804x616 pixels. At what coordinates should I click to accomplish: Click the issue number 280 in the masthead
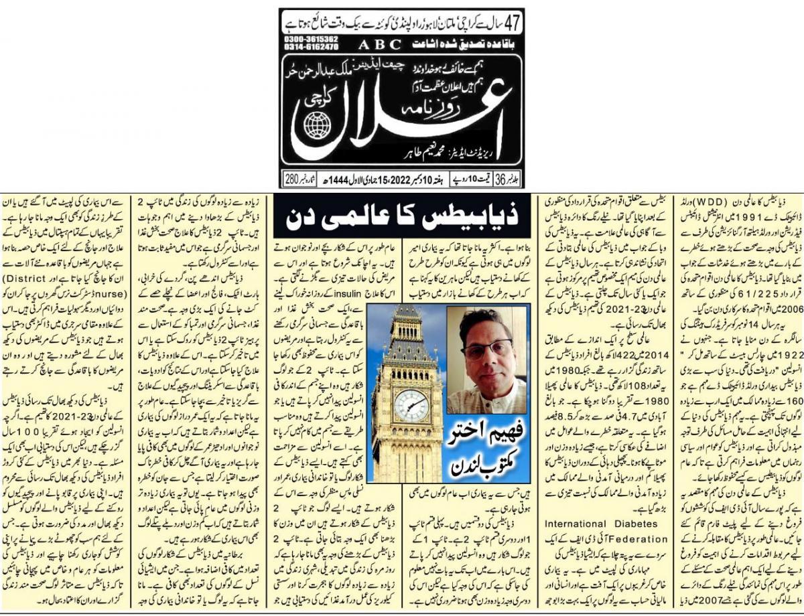pyautogui.click(x=291, y=180)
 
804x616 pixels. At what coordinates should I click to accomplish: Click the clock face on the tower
pyautogui.click(x=411, y=406)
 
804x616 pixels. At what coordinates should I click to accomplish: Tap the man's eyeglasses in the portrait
pyautogui.click(x=487, y=349)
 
